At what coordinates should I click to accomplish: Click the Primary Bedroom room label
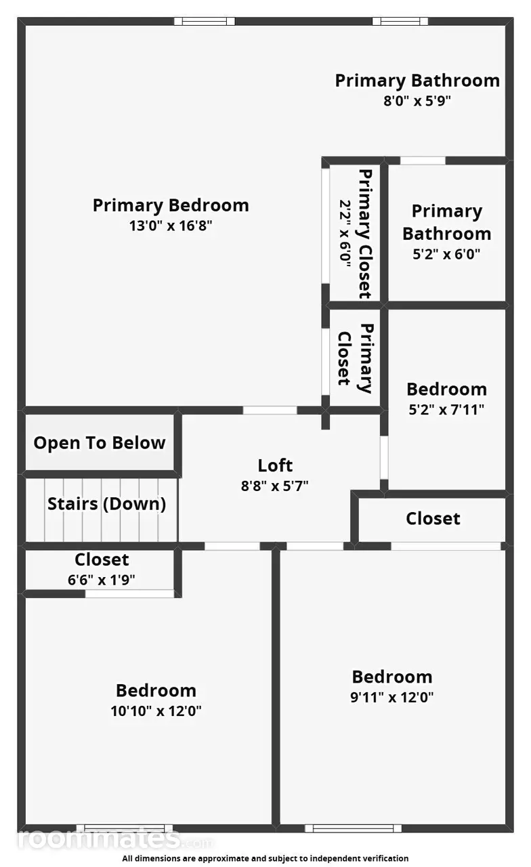pyautogui.click(x=171, y=205)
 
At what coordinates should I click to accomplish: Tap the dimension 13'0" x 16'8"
pyautogui.click(x=171, y=226)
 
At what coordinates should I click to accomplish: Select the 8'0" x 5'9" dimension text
pyautogui.click(x=417, y=101)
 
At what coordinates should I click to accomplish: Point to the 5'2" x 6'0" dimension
pyautogui.click(x=446, y=254)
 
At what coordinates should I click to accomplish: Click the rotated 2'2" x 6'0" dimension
pyautogui.click(x=345, y=234)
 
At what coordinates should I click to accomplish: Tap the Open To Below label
pyautogui.click(x=100, y=443)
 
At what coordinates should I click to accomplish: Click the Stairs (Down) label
pyautogui.click(x=107, y=503)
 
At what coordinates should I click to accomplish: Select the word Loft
pyautogui.click(x=275, y=465)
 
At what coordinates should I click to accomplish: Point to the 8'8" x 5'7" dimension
pyautogui.click(x=275, y=486)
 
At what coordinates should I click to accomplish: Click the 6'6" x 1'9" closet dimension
pyautogui.click(x=102, y=580)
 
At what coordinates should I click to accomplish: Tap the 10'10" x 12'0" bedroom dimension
pyautogui.click(x=156, y=711)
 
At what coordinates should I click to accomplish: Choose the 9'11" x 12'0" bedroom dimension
pyautogui.click(x=392, y=697)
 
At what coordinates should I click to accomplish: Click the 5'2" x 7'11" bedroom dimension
pyautogui.click(x=446, y=410)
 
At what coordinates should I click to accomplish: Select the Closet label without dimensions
pyautogui.click(x=433, y=519)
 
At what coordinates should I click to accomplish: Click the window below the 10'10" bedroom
pyautogui.click(x=125, y=828)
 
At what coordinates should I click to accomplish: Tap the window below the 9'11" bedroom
pyautogui.click(x=353, y=828)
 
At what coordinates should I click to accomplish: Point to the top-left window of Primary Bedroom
pyautogui.click(x=205, y=21)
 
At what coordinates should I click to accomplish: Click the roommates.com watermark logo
pyautogui.click(x=115, y=839)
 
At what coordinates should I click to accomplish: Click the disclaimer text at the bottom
pyautogui.click(x=265, y=858)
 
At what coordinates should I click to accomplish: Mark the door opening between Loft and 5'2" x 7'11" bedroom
pyautogui.click(x=384, y=458)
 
